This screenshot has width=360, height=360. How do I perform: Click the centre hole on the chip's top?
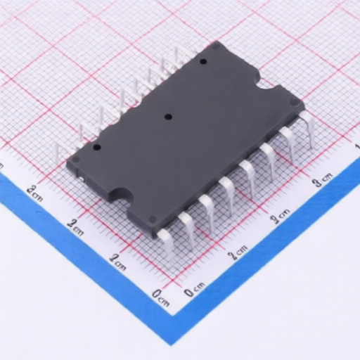tap(168, 117)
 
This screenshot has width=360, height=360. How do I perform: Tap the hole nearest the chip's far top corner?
tap(203, 62)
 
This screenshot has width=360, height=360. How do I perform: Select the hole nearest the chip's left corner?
tap(97, 148)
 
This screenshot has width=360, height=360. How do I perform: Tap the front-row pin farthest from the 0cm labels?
tap(307, 128)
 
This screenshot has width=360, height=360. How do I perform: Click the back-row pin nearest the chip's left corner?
tap(62, 153)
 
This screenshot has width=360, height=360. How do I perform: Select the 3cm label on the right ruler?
tap(323, 181)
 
